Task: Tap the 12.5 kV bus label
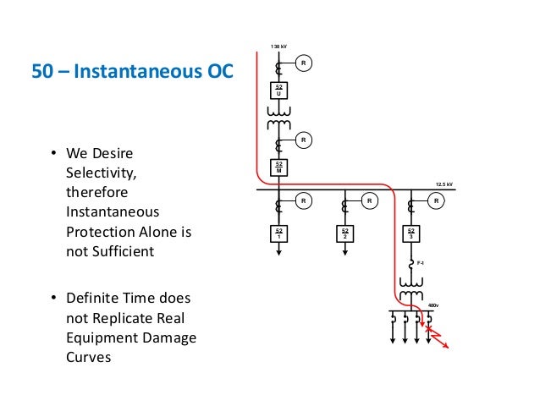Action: pyautogui.click(x=444, y=183)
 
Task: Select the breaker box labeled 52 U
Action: pyautogui.click(x=278, y=91)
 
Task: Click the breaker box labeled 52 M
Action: pyautogui.click(x=278, y=167)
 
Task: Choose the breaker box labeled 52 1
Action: pyautogui.click(x=278, y=233)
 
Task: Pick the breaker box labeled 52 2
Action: pyautogui.click(x=344, y=233)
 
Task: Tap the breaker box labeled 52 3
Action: pyautogui.click(x=411, y=233)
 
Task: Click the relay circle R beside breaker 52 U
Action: pyautogui.click(x=304, y=63)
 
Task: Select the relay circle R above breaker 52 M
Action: pyautogui.click(x=304, y=139)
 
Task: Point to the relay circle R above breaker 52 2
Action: pyautogui.click(x=370, y=201)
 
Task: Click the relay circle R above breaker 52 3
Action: pyautogui.click(x=436, y=201)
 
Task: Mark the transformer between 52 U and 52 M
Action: pyautogui.click(x=278, y=118)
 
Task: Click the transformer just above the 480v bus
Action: pyautogui.click(x=411, y=294)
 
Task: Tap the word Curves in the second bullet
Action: pyautogui.click(x=87, y=358)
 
